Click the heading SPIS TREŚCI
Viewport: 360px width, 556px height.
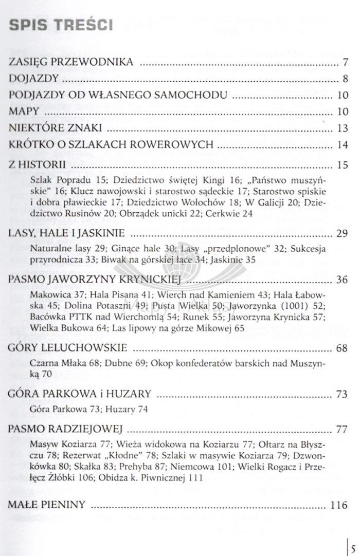pos(61,25)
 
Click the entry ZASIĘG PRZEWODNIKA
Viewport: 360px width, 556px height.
pos(71,63)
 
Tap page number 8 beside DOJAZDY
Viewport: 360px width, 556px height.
pos(346,79)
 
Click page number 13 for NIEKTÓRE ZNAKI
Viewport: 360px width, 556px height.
pos(343,128)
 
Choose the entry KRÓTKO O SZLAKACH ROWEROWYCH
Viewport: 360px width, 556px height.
pos(111,144)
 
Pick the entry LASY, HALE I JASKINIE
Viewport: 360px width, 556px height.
pos(67,234)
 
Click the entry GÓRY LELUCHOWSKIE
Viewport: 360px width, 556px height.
pos(67,349)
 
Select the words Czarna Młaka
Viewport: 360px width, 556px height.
pos(56,364)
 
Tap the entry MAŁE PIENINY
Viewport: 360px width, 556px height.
pos(46,505)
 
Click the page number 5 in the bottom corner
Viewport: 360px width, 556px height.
pos(354,540)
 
